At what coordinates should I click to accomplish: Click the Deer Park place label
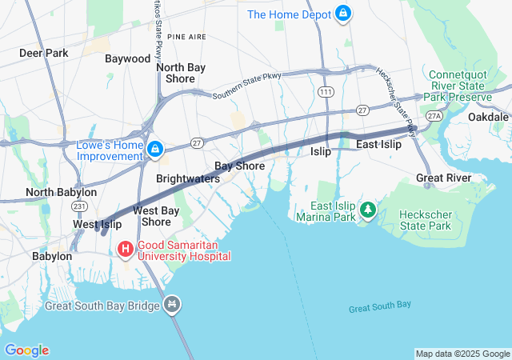[44, 53]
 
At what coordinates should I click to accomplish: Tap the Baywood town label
[127, 58]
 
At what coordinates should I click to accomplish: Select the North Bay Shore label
[180, 73]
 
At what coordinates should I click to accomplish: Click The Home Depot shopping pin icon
[343, 14]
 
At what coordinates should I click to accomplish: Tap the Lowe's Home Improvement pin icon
[155, 150]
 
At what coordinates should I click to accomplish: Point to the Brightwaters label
[187, 178]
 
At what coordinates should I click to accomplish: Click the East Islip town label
[378, 144]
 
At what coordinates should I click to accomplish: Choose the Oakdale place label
[488, 117]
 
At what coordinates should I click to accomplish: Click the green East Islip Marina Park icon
[368, 210]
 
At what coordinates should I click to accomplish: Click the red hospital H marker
[126, 250]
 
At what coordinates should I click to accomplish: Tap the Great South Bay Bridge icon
[173, 305]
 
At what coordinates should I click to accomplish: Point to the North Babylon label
[61, 192]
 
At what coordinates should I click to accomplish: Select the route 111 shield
[326, 93]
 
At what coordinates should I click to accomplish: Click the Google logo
[26, 350]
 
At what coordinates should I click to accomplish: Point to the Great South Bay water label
[380, 305]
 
